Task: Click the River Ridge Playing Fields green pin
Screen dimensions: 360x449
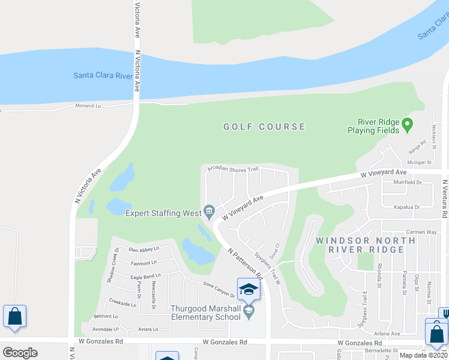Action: tap(408, 125)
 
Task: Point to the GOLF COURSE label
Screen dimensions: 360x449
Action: tap(264, 127)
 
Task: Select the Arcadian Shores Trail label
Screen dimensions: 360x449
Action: tap(232, 169)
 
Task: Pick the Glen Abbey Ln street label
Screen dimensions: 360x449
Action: tap(144, 249)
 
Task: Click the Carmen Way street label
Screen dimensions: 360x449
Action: tap(420, 231)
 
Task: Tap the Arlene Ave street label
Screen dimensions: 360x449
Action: tap(387, 334)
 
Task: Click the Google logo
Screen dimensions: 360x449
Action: tap(20, 352)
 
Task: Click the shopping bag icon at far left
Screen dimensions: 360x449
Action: tap(14, 316)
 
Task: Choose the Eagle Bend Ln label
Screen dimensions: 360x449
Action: tap(143, 277)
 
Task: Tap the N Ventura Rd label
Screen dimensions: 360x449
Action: tap(444, 198)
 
